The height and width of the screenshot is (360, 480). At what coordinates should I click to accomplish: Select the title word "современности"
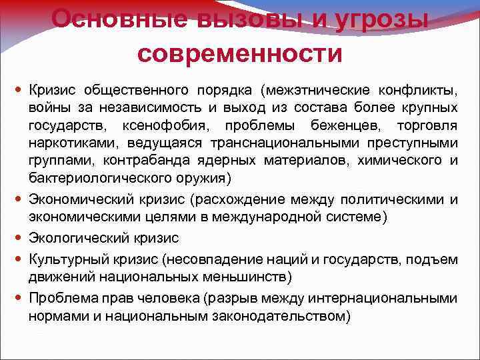click(240, 53)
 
